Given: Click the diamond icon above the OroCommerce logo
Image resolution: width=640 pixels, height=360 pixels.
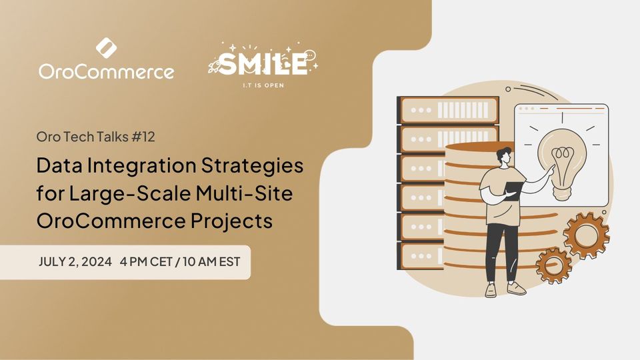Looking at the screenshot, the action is click(x=106, y=48).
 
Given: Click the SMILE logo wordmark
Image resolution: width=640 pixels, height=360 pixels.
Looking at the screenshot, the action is click(x=263, y=64).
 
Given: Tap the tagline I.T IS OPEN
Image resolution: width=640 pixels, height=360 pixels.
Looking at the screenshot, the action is click(x=263, y=85).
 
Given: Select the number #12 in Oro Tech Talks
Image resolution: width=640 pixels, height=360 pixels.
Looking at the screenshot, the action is click(x=143, y=136).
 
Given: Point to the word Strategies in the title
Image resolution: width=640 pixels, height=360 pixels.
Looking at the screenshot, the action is click(x=252, y=166).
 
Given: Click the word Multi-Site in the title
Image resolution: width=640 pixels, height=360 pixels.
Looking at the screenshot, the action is click(x=244, y=193).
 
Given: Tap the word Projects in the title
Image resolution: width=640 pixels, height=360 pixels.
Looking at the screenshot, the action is click(x=231, y=221).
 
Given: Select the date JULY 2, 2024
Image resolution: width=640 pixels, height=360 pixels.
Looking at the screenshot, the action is click(x=75, y=261).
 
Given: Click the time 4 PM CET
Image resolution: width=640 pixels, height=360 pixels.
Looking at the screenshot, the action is click(x=146, y=261).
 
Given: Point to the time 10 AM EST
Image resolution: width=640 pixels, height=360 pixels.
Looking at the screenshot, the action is click(x=211, y=261).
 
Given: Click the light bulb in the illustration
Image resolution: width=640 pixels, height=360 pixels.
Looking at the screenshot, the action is click(x=563, y=164).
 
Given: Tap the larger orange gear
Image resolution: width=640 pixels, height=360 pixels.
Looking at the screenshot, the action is click(x=586, y=235).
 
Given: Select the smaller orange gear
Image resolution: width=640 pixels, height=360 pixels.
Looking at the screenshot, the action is click(x=553, y=266).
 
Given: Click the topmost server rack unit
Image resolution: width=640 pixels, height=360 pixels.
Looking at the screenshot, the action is click(x=448, y=109).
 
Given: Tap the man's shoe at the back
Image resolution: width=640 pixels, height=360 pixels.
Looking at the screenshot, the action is click(x=516, y=289).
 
